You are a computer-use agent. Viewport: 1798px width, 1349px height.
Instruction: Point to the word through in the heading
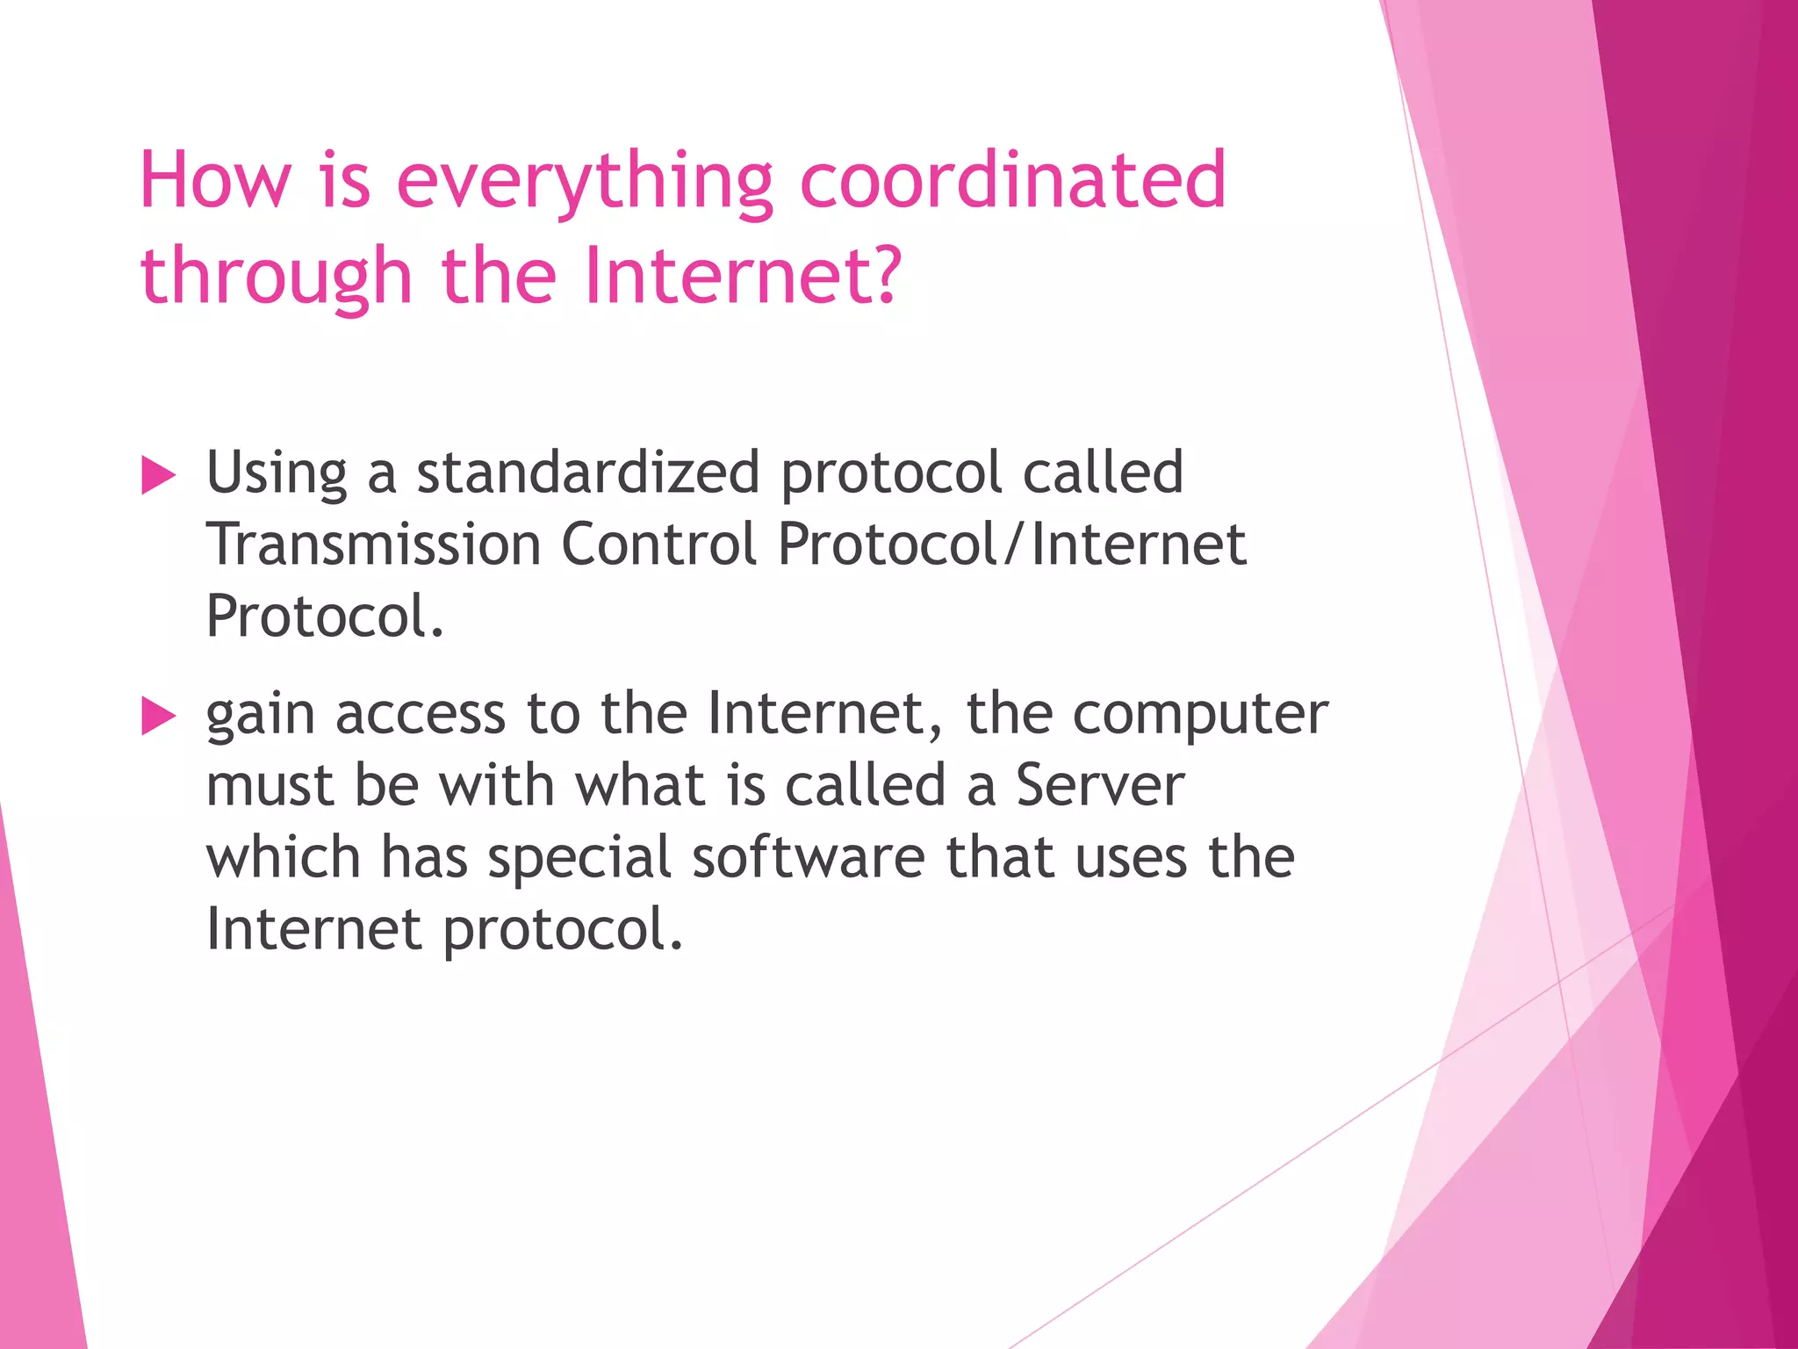click(x=276, y=277)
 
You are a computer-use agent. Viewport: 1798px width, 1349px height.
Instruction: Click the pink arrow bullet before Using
click(x=159, y=476)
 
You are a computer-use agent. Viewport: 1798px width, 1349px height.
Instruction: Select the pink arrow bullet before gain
click(x=159, y=716)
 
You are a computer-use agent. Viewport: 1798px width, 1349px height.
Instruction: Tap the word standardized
click(x=587, y=473)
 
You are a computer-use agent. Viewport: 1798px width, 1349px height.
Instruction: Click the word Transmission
click(x=373, y=544)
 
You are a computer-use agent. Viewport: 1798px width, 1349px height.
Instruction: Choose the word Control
click(x=658, y=544)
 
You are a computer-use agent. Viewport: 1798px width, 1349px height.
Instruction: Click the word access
click(x=421, y=714)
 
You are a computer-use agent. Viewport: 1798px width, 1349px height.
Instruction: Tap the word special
click(x=579, y=859)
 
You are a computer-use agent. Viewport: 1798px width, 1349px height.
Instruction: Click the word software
click(x=808, y=857)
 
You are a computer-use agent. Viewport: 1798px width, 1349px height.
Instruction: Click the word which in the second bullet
click(x=283, y=857)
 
